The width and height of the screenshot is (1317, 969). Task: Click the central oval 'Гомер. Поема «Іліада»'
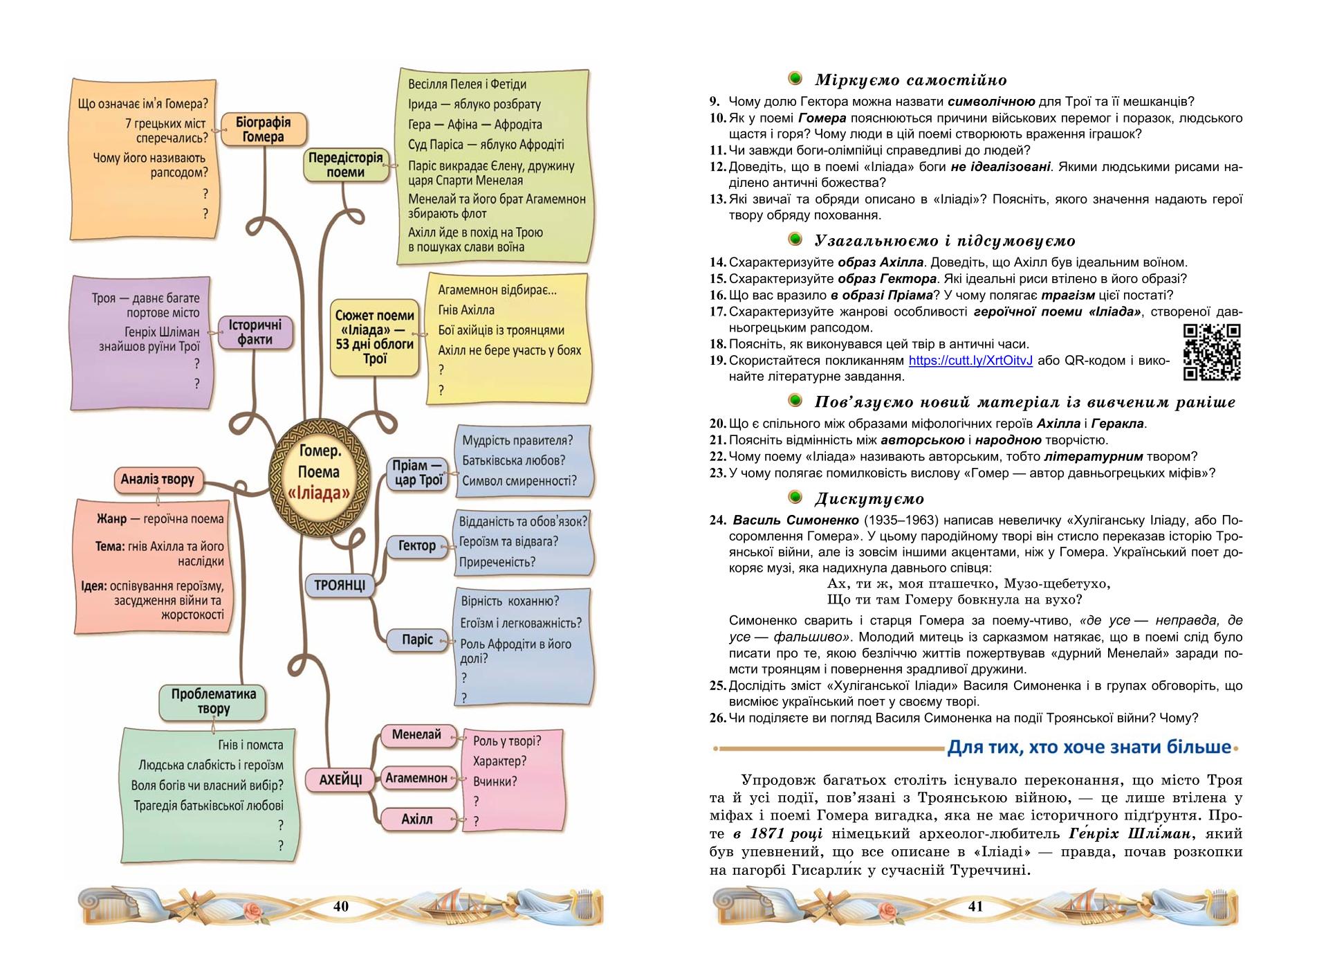click(320, 472)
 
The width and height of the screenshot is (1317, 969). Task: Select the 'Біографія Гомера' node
click(264, 129)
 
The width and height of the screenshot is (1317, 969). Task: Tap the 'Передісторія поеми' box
click(345, 165)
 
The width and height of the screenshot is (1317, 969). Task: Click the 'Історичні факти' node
click(255, 332)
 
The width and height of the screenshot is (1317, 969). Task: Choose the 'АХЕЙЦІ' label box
click(340, 779)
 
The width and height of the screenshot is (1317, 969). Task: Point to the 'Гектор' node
click(417, 546)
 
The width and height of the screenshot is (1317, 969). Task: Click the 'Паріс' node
click(418, 640)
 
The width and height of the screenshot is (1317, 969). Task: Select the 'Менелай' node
click(416, 735)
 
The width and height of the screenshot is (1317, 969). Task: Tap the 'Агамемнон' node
click(416, 778)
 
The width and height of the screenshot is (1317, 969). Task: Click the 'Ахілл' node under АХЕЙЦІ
click(417, 819)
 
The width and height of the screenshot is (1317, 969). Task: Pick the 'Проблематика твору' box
click(213, 701)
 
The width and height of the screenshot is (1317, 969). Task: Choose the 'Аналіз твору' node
click(158, 480)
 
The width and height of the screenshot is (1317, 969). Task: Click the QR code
click(1212, 352)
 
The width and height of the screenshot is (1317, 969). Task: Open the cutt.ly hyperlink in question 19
click(970, 361)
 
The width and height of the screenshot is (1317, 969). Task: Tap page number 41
click(975, 907)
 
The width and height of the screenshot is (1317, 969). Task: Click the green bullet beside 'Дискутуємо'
click(795, 498)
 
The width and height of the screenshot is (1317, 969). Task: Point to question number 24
click(717, 520)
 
